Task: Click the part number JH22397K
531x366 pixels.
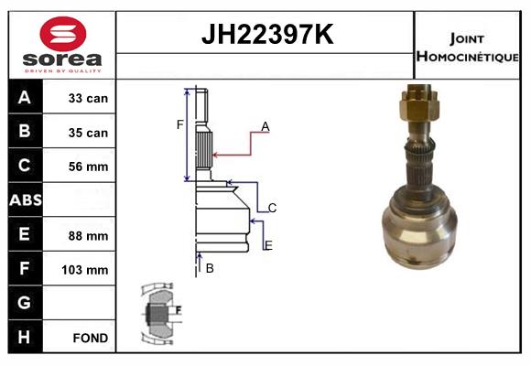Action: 266,35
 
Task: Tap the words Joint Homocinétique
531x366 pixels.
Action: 467,47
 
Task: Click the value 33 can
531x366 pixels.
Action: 88,98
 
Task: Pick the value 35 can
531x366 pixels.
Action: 88,133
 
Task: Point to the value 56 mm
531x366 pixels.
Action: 88,167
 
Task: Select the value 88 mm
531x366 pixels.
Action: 88,235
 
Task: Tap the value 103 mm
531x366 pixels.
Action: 86,270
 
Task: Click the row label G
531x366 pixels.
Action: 25,303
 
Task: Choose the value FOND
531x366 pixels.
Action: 89,338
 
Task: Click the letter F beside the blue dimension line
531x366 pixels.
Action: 179,124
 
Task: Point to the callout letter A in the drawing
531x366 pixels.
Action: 265,126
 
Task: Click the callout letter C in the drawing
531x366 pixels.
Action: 272,208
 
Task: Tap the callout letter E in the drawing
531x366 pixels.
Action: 267,245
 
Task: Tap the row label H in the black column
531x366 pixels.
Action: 25,337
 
